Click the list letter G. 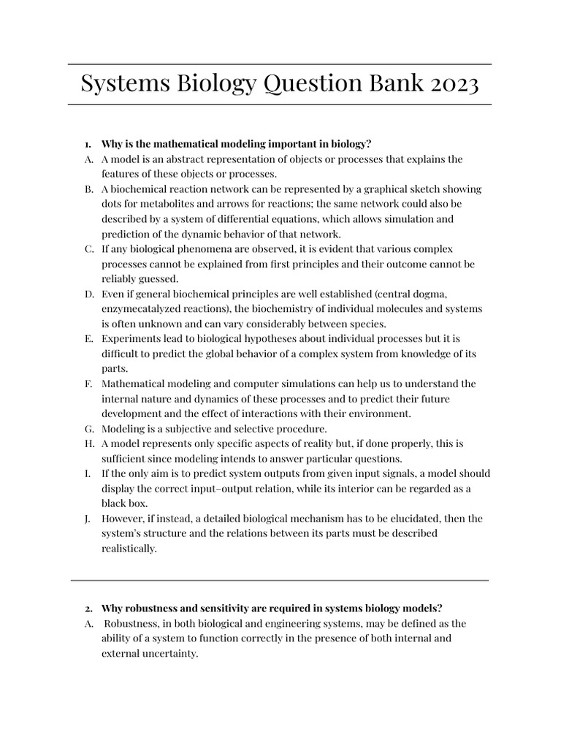[88, 428]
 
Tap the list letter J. [88, 518]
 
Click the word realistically [129, 548]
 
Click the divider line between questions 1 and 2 [280, 580]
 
